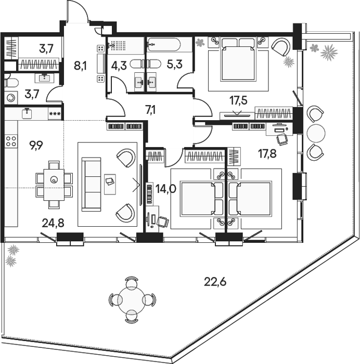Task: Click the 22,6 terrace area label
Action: (x=215, y=282)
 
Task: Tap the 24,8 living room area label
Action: (x=53, y=223)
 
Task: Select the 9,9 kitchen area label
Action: (x=36, y=146)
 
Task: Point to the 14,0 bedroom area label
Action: (x=166, y=189)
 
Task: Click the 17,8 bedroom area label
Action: (x=267, y=154)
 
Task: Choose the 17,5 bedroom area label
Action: (x=238, y=100)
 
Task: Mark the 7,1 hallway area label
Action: (x=150, y=110)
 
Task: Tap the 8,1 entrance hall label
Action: (x=80, y=66)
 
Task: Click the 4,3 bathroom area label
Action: (x=119, y=66)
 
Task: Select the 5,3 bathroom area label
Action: (x=175, y=64)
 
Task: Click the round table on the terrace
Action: (x=132, y=300)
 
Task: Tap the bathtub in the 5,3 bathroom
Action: (x=164, y=45)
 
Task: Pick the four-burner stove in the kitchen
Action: (x=11, y=141)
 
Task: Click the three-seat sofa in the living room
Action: (x=91, y=185)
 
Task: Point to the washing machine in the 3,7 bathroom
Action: (x=11, y=98)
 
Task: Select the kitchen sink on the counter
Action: (x=27, y=113)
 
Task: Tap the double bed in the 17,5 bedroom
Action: (x=238, y=60)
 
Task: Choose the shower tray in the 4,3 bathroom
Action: (x=126, y=45)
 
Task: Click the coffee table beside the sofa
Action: (x=110, y=184)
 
